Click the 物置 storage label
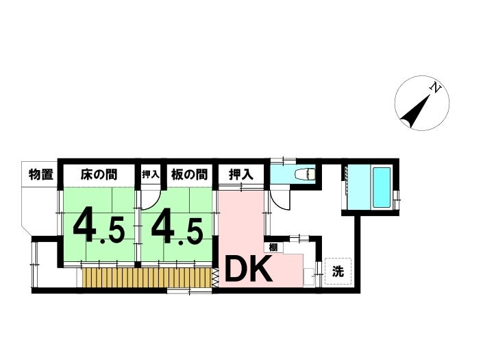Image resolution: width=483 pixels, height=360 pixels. click(41, 174)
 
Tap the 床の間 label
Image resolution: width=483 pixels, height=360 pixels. click(99, 174)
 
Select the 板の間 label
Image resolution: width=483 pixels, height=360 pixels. click(189, 174)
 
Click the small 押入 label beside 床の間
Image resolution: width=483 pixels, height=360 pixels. click(150, 175)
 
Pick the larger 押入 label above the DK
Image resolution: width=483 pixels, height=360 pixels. click(241, 175)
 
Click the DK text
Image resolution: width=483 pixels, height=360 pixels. click(249, 270)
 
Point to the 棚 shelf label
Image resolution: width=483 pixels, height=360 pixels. click(273, 247)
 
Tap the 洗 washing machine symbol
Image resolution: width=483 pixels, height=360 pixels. click(338, 272)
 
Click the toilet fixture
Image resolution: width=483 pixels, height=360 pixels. click(306, 174)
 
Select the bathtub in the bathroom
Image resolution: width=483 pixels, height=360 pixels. click(382, 187)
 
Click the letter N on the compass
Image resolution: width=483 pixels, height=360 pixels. click(435, 88)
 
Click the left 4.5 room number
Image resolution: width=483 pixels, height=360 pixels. click(99, 229)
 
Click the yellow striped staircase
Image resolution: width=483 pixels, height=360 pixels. click(147, 278)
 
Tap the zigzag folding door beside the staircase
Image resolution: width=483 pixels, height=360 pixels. click(215, 278)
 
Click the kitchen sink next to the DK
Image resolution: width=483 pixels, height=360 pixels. click(309, 277)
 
